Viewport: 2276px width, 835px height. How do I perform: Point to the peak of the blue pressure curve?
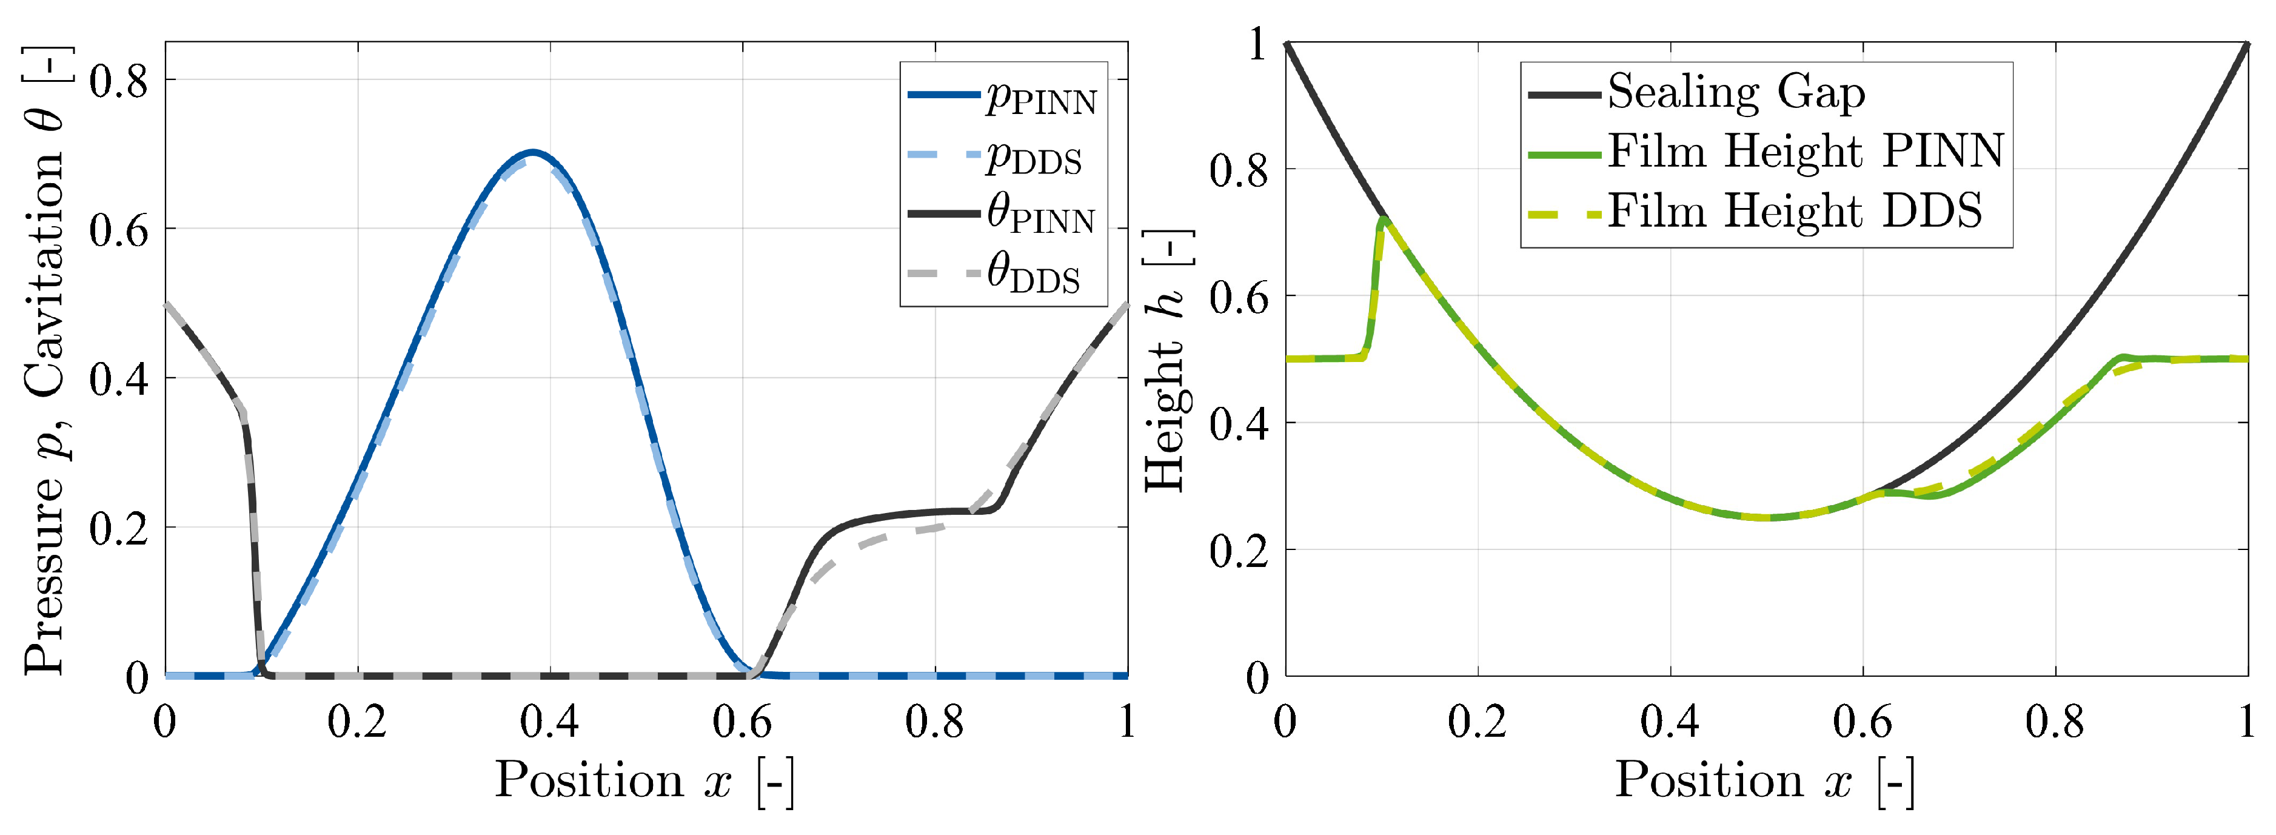532,152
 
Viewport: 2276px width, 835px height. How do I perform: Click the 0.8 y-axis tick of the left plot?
118,81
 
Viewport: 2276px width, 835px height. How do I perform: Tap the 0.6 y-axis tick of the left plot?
118,230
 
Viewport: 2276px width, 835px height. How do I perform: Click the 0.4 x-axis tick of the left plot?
549,723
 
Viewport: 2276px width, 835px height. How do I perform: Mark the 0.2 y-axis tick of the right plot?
1239,551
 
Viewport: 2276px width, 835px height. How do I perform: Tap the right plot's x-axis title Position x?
1766,781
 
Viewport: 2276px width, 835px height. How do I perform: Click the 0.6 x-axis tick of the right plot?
1862,723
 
